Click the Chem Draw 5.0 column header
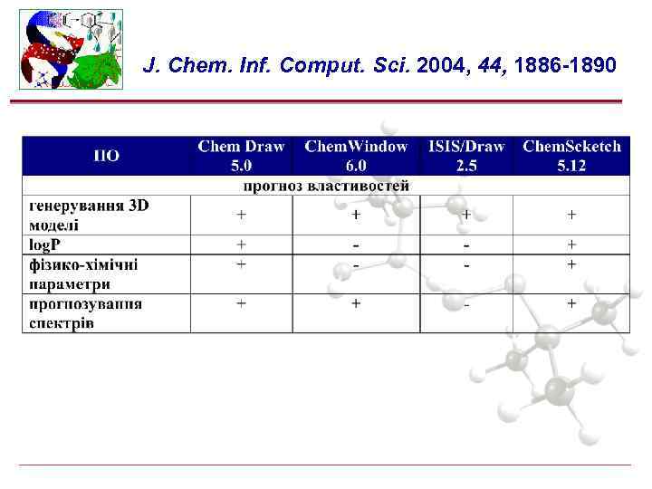pyautogui.click(x=241, y=156)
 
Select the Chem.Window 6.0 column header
pyautogui.click(x=356, y=156)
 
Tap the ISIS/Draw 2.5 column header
pyautogui.click(x=466, y=156)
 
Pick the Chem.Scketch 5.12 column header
pyautogui.click(x=571, y=156)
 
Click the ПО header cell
pyautogui.click(x=106, y=156)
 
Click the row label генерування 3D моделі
pyautogui.click(x=88, y=215)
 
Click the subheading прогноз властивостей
pyautogui.click(x=326, y=186)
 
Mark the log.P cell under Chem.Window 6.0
pyautogui.click(x=356, y=244)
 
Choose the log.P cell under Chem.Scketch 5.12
pyautogui.click(x=571, y=244)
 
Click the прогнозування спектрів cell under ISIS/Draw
pyautogui.click(x=466, y=304)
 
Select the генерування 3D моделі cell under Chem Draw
pyautogui.click(x=241, y=215)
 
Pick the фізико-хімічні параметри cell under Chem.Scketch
pyautogui.click(x=571, y=264)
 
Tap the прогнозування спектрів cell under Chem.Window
pyautogui.click(x=356, y=303)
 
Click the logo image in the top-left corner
pyautogui.click(x=71, y=50)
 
